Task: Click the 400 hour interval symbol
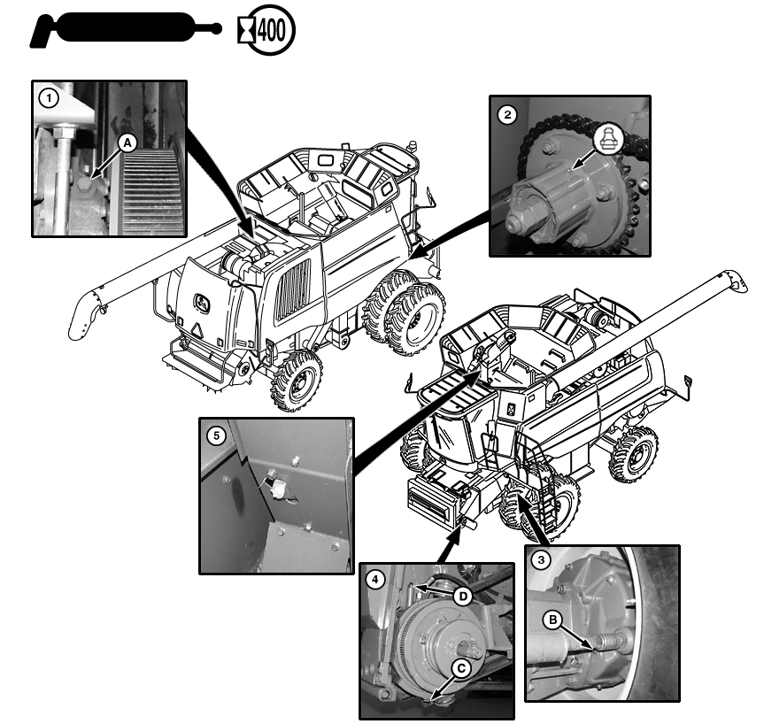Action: pyautogui.click(x=266, y=30)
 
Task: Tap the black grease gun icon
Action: pyautogui.click(x=125, y=28)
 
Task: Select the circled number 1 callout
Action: pyautogui.click(x=48, y=99)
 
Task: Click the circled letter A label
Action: pyautogui.click(x=127, y=143)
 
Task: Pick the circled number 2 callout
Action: pyautogui.click(x=507, y=115)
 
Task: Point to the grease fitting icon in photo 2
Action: pyautogui.click(x=609, y=139)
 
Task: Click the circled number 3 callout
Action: pyautogui.click(x=541, y=559)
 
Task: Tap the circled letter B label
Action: pyautogui.click(x=553, y=620)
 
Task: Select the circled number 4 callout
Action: pyautogui.click(x=374, y=580)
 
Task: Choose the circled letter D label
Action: pyautogui.click(x=463, y=597)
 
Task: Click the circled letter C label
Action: pyautogui.click(x=461, y=668)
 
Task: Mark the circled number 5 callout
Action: pyautogui.click(x=216, y=435)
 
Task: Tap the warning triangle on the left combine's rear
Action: pyautogui.click(x=197, y=330)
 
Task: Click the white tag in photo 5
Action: pyautogui.click(x=279, y=489)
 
